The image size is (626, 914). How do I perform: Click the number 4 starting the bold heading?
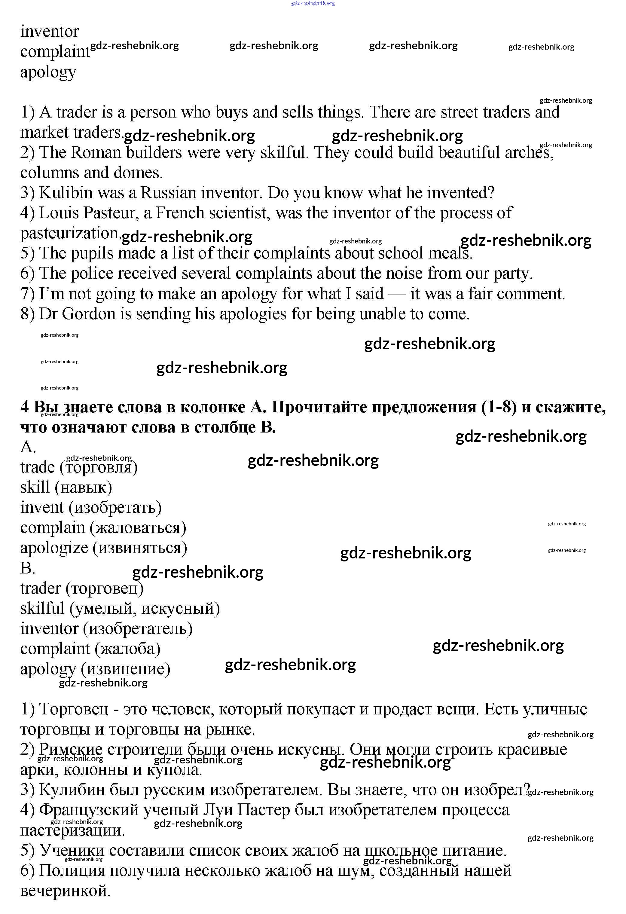[24, 407]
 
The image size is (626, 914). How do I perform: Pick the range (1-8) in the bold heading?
[499, 407]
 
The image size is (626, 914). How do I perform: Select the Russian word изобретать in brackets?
[115, 508]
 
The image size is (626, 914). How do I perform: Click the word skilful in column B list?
[42, 608]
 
